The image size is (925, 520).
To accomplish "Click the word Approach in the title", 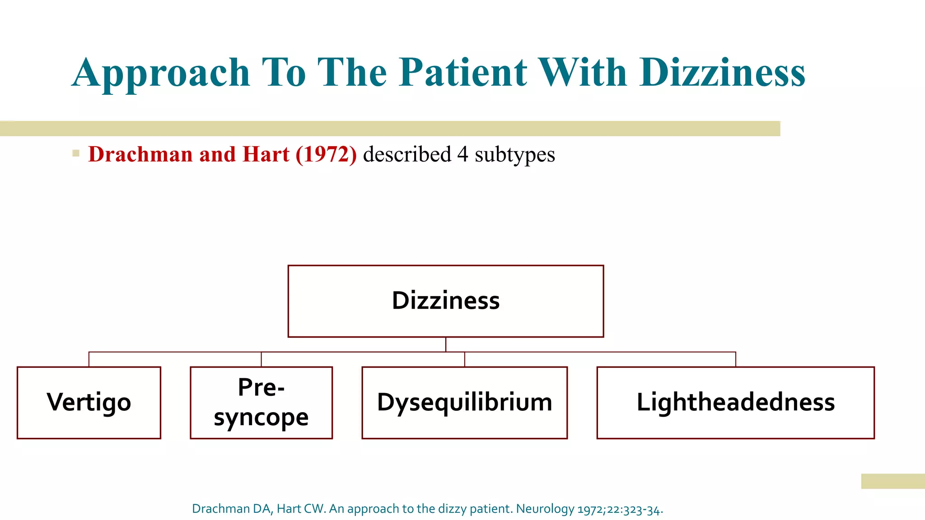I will tap(161, 73).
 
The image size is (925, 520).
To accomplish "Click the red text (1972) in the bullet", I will tap(326, 154).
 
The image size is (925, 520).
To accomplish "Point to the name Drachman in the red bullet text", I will tap(140, 154).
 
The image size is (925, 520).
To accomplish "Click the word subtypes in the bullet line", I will tap(514, 155).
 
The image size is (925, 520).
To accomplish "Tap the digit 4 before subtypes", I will tap(462, 154).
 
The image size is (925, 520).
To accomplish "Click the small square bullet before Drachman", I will tap(76, 153).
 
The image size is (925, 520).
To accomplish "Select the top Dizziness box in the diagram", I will tap(446, 301).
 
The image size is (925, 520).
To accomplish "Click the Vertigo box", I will tap(89, 402).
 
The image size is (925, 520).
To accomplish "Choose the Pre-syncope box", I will tap(261, 402).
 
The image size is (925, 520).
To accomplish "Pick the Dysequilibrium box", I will tap(464, 402).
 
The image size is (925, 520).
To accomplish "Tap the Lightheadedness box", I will tap(735, 402).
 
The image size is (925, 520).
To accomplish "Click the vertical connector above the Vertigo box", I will tap(89, 359).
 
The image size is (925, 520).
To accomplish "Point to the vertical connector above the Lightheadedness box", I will tap(736, 359).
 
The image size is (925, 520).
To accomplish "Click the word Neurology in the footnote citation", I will tap(545, 509).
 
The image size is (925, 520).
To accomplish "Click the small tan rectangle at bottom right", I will tap(892, 481).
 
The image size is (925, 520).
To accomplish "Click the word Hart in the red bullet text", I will tap(266, 154).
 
